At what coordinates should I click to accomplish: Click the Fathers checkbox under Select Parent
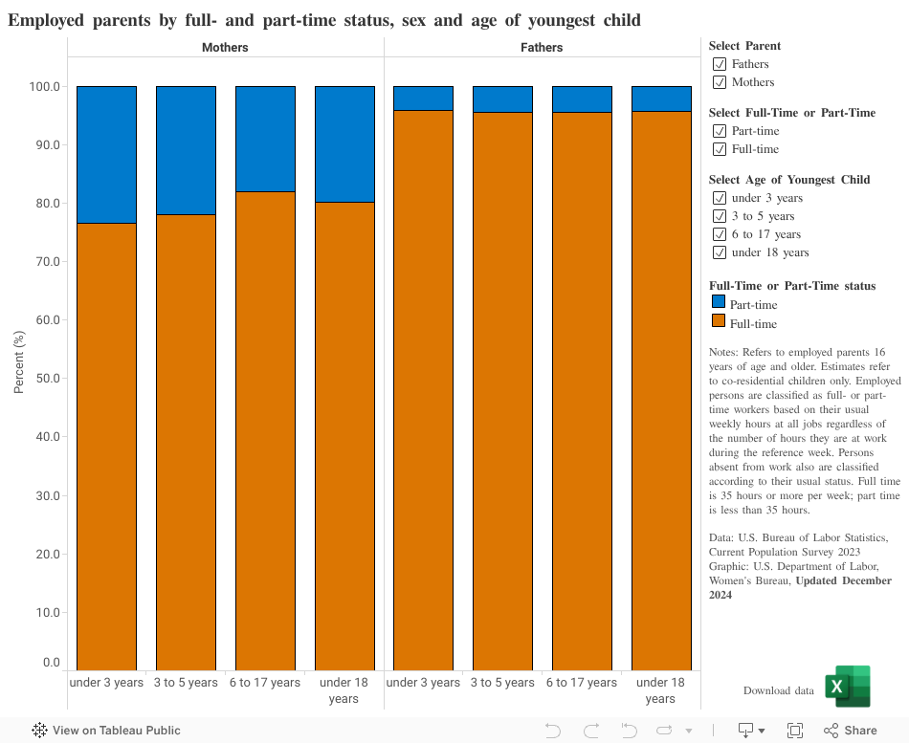[720, 64]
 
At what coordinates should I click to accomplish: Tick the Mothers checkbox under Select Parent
[720, 82]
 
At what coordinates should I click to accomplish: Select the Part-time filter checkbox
[720, 131]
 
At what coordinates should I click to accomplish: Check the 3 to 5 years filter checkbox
[720, 216]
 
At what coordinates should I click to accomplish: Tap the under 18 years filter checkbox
[720, 252]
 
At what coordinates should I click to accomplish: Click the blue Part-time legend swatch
[719, 302]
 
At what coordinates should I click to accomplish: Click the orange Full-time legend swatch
[719, 322]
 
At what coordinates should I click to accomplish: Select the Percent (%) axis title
[18, 363]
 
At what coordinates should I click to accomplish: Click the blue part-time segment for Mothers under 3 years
[106, 154]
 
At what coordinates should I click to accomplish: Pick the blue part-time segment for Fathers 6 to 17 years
[582, 98]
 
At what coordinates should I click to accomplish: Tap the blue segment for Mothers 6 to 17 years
[265, 139]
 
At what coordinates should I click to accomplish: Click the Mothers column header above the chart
[225, 47]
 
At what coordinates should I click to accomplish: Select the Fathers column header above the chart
[542, 47]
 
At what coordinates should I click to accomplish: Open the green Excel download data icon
[847, 687]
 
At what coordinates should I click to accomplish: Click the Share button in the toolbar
[850, 731]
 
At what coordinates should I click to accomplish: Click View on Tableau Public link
[106, 731]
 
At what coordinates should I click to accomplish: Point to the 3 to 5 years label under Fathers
[502, 683]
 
